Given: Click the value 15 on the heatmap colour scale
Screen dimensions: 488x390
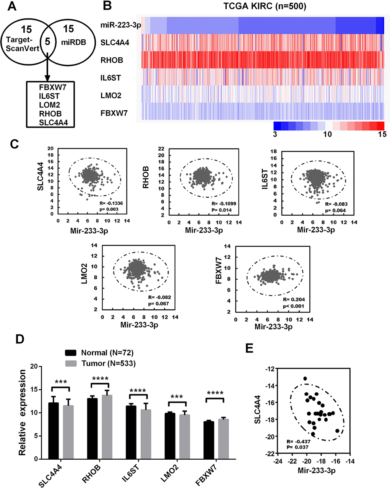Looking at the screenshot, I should point(381,134).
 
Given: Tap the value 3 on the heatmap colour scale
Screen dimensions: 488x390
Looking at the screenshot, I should point(275,134).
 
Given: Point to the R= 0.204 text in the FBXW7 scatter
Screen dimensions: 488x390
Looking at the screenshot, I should point(290,299).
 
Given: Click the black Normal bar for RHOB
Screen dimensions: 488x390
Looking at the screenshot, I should point(92,428).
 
